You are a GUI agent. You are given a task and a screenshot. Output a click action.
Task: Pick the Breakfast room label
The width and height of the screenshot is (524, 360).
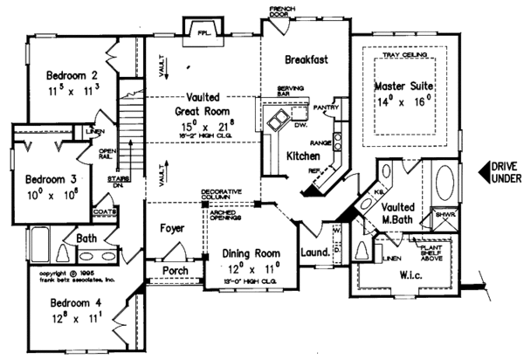[x=306, y=59]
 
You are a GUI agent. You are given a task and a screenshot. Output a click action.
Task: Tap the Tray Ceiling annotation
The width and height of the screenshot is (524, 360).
[x=404, y=59]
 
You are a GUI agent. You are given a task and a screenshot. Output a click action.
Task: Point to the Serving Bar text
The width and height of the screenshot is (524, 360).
[x=290, y=93]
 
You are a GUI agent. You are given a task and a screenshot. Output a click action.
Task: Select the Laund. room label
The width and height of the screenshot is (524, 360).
[x=314, y=253]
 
